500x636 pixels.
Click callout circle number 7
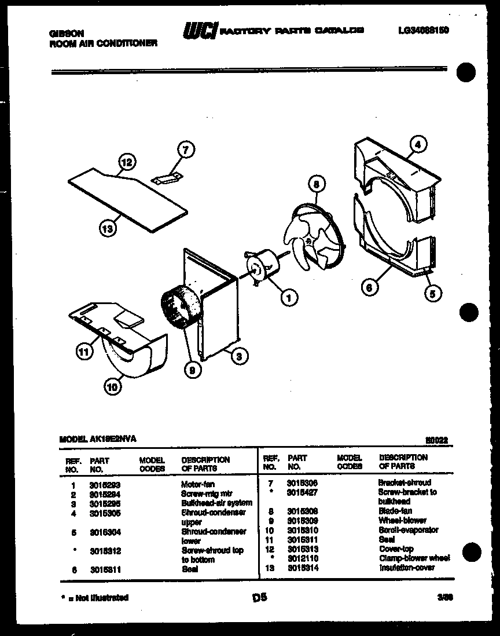coord(185,150)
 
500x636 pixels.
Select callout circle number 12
coord(127,163)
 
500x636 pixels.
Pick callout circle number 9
coord(190,367)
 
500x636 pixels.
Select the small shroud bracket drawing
coord(168,178)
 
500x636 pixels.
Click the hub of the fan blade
coord(310,238)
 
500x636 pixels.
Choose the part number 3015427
coord(303,492)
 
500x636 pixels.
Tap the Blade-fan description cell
coord(395,511)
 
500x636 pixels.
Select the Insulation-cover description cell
coord(406,568)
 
